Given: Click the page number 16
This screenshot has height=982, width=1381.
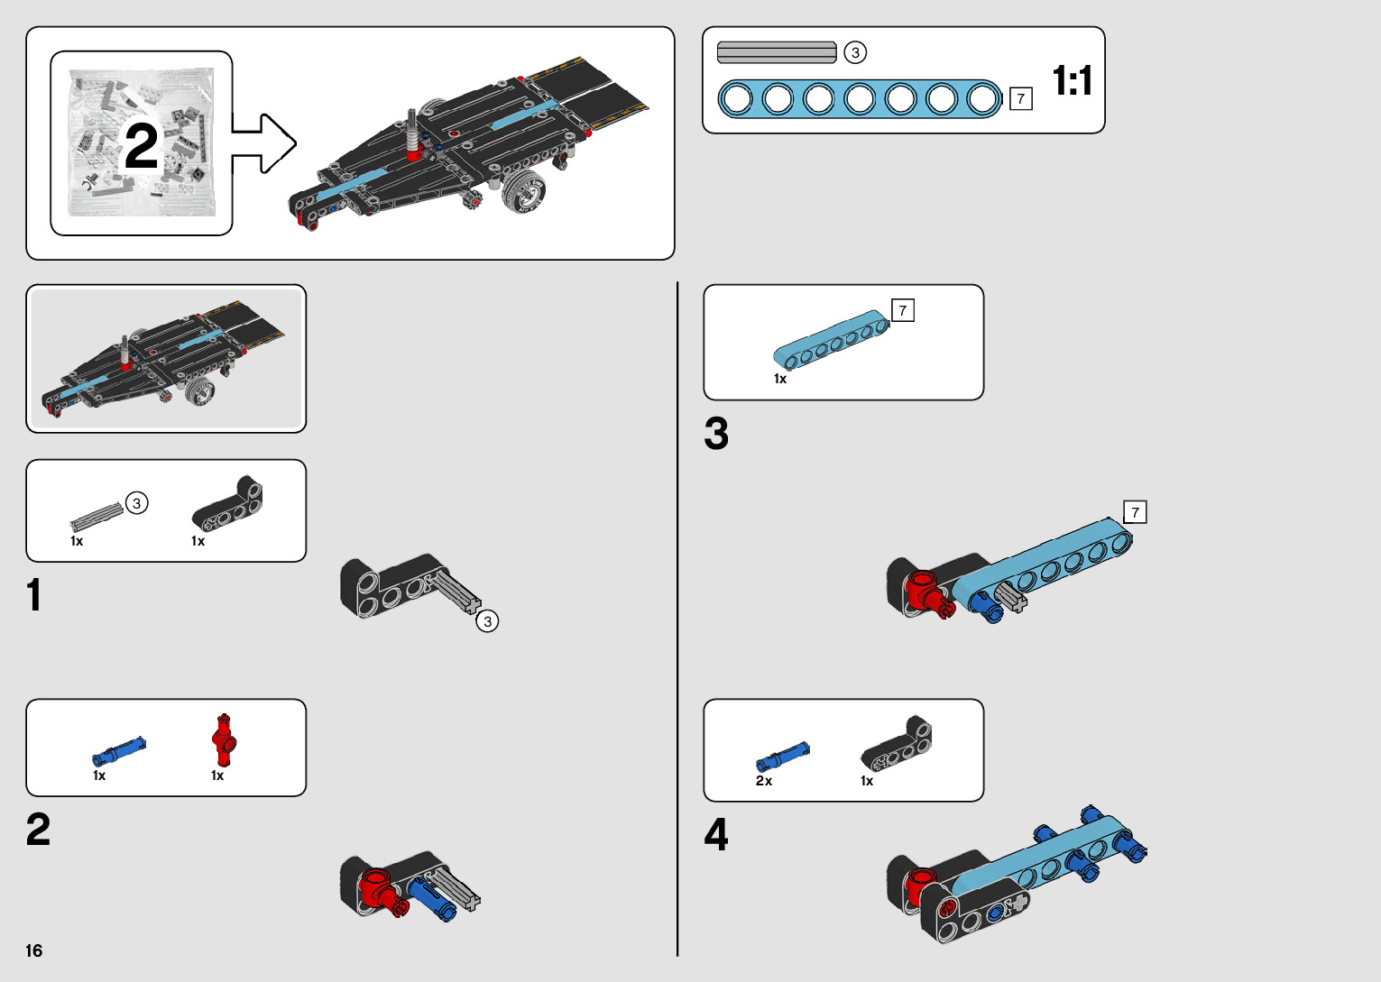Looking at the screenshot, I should tap(34, 950).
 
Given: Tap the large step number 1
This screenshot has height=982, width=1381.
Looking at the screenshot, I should tap(34, 595).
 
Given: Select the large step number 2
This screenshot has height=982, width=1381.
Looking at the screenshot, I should tap(39, 830).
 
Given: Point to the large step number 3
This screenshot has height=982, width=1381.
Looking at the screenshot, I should tap(716, 434).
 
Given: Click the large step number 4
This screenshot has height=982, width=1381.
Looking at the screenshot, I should tap(716, 834).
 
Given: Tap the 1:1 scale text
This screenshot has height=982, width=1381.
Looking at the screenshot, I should tap(1073, 81).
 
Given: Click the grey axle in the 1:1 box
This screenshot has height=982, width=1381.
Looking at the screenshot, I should tap(777, 52).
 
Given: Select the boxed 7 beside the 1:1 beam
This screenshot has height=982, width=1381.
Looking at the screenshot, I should tap(1020, 98).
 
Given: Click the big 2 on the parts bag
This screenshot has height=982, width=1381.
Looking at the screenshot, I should tap(141, 146).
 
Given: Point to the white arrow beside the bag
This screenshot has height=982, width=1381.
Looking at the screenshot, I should tap(266, 143).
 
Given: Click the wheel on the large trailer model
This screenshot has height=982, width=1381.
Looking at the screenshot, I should tap(524, 190).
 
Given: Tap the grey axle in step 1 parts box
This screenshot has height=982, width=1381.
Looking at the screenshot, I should tap(96, 515).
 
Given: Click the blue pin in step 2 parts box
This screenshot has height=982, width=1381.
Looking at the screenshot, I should tap(118, 750).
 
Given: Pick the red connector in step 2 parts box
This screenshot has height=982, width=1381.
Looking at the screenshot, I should tap(224, 739).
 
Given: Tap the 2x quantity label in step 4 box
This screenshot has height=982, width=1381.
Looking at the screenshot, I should tap(764, 781).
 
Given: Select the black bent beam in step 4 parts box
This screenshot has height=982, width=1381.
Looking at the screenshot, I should tap(898, 745).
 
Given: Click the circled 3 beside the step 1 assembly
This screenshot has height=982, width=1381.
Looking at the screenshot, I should tap(487, 621).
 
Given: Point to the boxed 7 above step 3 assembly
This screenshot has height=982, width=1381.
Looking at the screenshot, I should tap(1135, 512).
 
